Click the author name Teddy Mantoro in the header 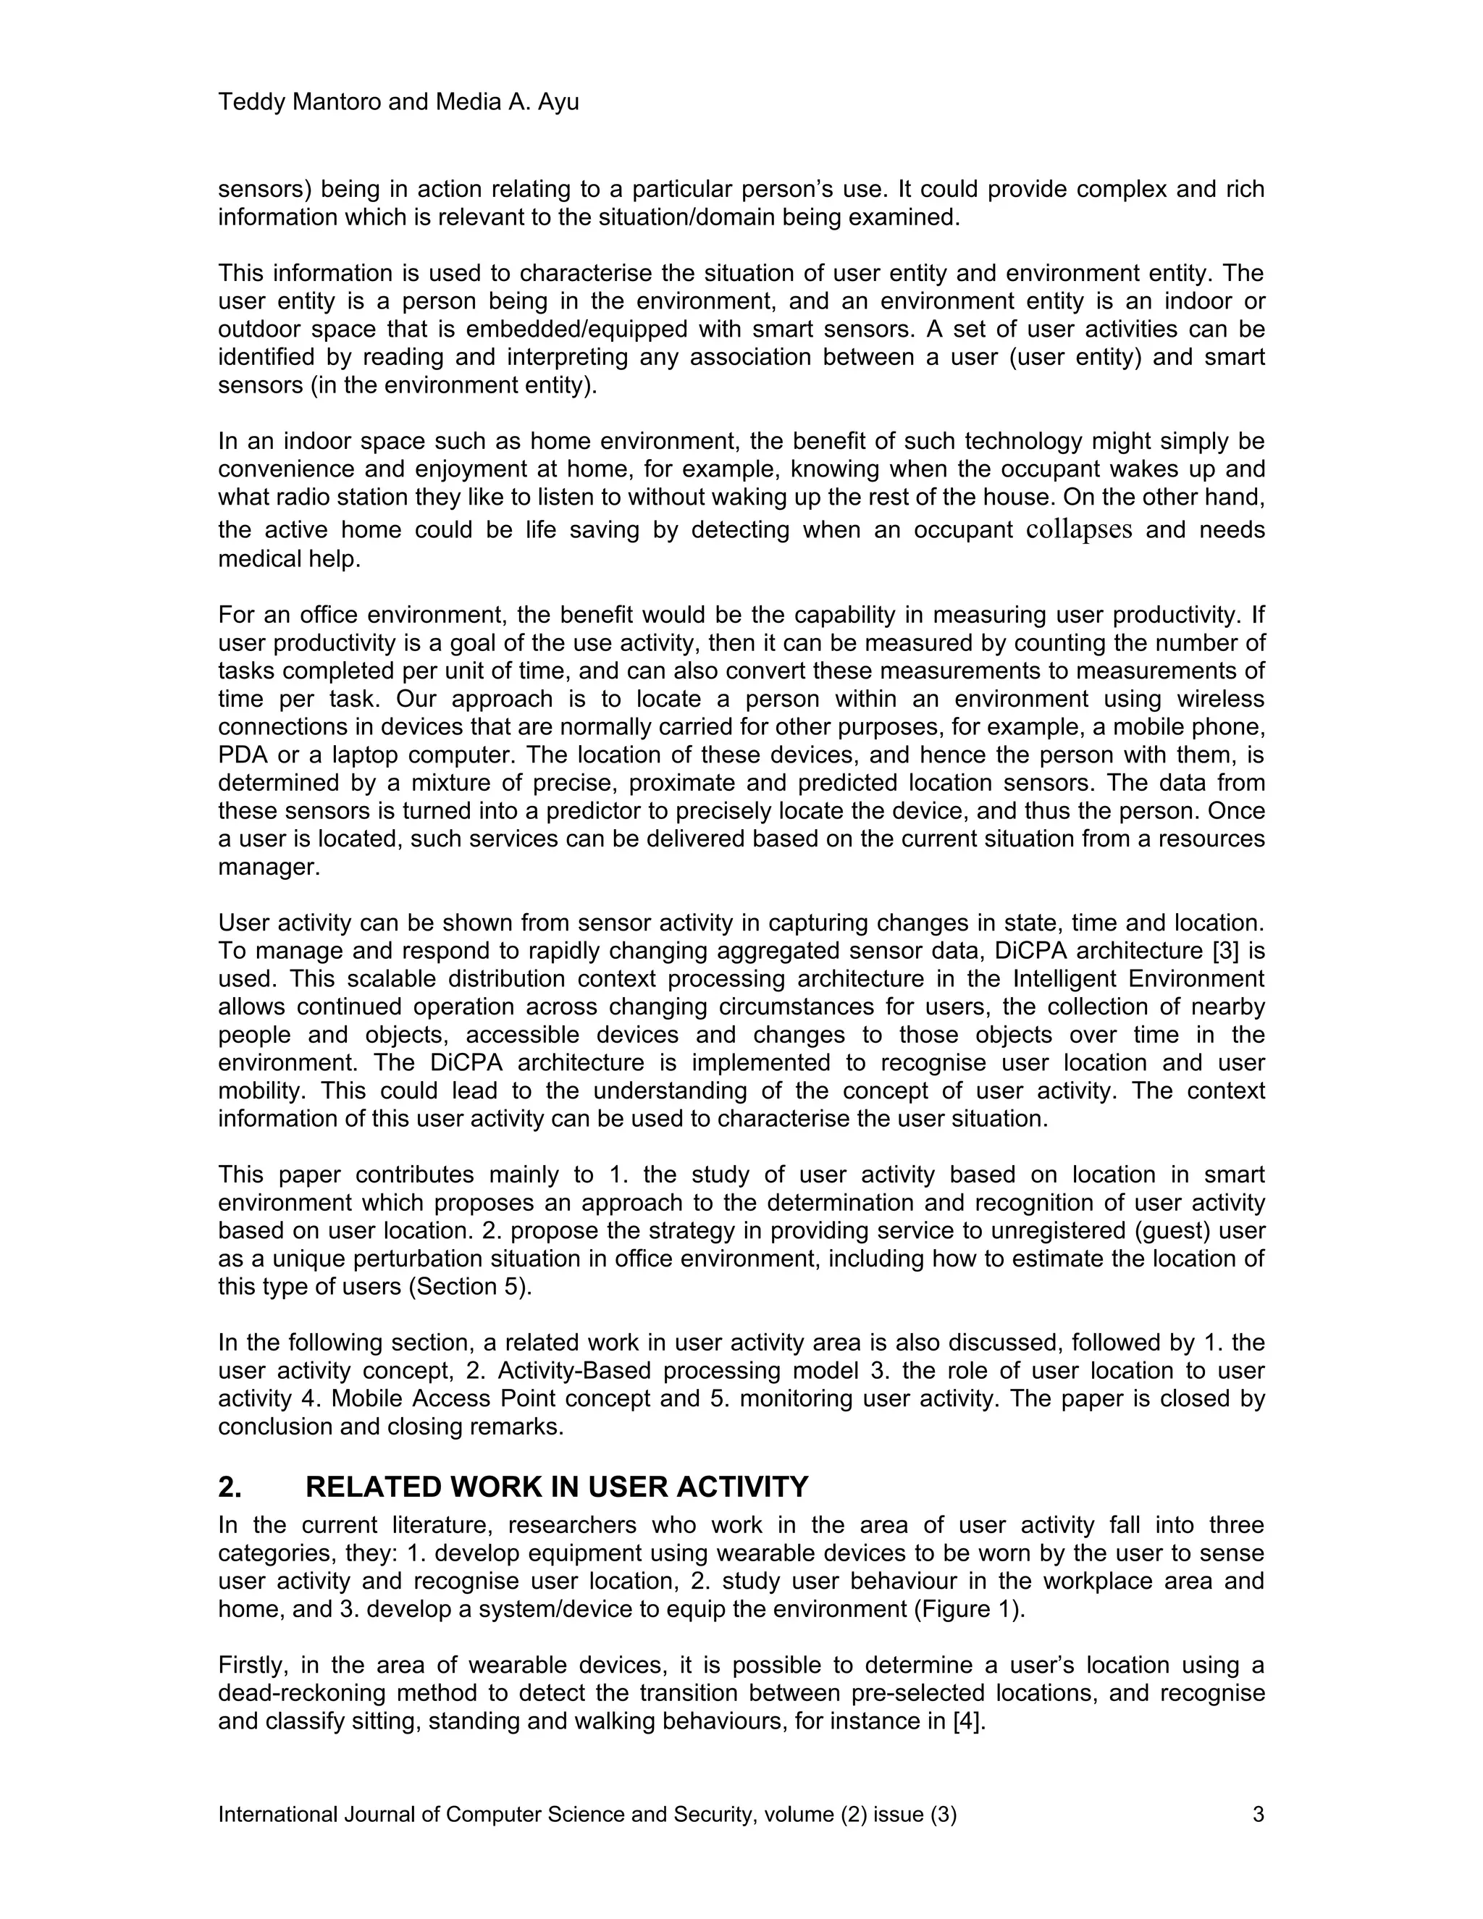300,102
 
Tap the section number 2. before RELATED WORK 230,1487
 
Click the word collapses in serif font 1079,530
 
